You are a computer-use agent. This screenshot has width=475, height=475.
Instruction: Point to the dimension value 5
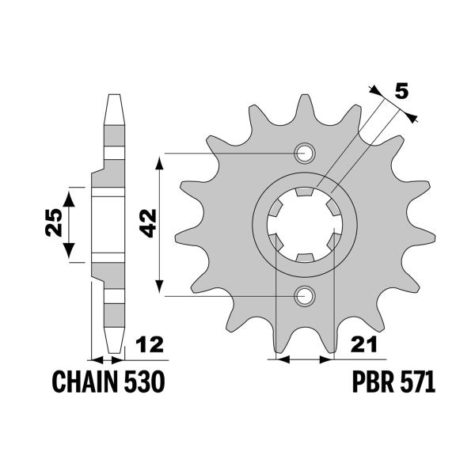[x=401, y=91]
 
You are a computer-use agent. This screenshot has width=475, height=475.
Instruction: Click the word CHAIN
[x=85, y=383]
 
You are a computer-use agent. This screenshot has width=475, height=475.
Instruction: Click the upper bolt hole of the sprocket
[x=304, y=153]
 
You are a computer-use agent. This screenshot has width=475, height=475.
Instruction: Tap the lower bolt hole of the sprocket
[x=304, y=296]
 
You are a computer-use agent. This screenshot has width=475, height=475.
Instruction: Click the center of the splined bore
[x=304, y=225]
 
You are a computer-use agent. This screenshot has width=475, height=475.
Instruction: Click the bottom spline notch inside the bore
[x=304, y=257]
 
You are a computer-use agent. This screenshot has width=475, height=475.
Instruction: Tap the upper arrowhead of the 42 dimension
[x=161, y=160]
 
